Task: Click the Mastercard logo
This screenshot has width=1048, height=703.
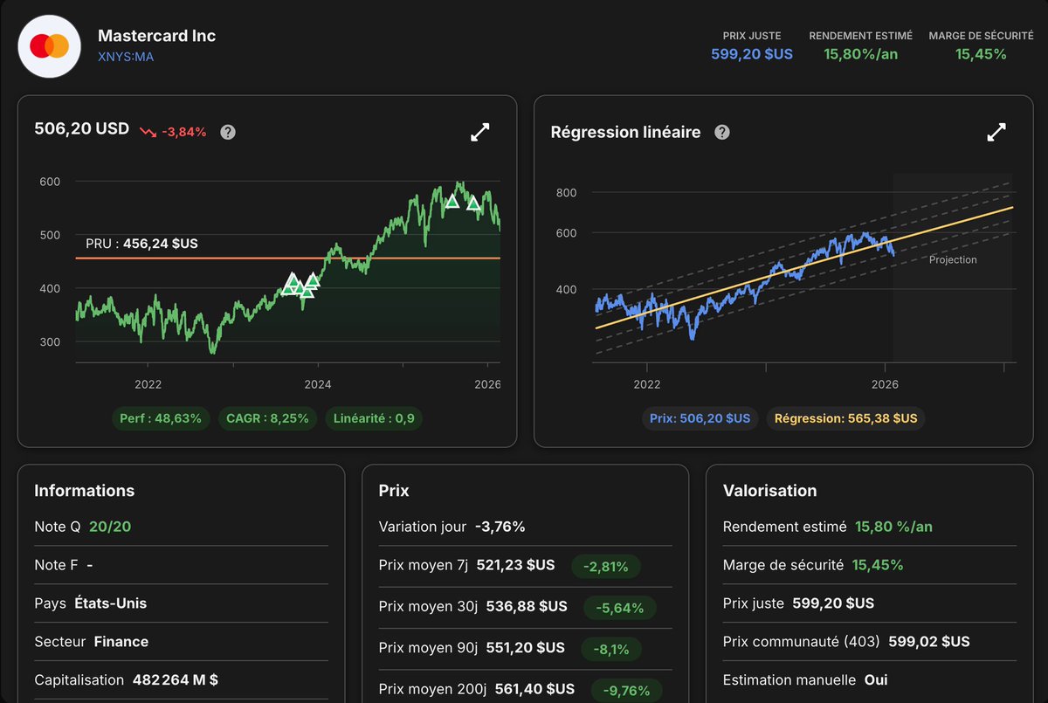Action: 49,46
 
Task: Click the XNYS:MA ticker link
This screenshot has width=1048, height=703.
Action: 127,58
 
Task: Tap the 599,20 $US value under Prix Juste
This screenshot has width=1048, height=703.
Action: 752,54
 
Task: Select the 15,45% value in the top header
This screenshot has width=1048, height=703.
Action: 981,54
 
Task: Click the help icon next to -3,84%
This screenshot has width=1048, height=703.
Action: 228,132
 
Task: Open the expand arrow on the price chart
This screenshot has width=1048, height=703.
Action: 480,132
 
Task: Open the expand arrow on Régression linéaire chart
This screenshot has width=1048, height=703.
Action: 996,132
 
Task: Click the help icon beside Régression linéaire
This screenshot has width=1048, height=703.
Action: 722,132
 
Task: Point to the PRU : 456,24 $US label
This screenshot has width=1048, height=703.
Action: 141,244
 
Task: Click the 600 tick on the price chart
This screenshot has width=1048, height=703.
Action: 50,182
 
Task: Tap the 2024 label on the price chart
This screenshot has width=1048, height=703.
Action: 318,384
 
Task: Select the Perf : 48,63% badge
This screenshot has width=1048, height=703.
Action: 161,418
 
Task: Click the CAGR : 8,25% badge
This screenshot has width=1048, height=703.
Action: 267,418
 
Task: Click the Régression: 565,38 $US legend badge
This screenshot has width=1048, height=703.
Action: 845,418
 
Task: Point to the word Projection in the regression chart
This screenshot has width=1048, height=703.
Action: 953,260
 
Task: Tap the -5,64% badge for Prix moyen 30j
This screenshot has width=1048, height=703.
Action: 613,607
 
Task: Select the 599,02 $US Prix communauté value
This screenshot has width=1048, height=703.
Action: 928,642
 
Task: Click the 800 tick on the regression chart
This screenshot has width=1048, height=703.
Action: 567,192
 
